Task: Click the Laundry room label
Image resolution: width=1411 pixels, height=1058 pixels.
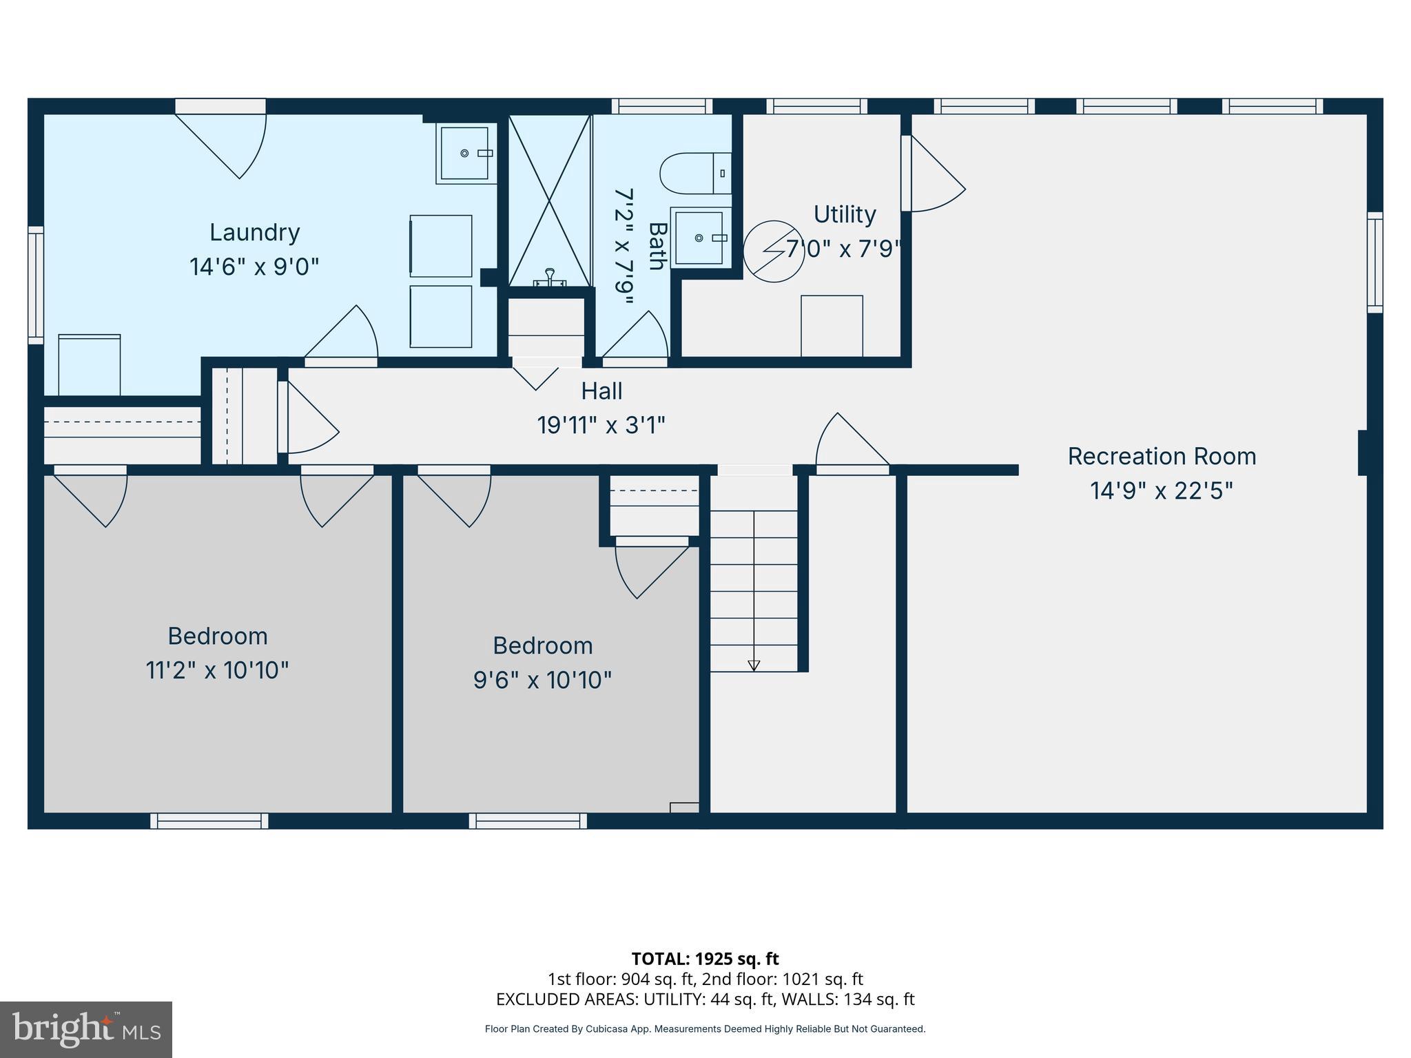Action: [254, 232]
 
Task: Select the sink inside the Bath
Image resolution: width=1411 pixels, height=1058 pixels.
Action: [700, 238]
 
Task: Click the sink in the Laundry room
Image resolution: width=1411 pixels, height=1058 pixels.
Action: [466, 153]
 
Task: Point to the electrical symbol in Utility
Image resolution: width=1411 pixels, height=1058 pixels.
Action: [773, 251]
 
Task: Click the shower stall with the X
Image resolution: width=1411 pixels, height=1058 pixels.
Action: [549, 200]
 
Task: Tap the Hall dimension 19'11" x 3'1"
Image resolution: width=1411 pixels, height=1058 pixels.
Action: [601, 425]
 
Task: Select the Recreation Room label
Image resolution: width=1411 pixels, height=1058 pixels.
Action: [1162, 456]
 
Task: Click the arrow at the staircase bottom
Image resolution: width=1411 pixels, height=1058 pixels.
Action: [754, 665]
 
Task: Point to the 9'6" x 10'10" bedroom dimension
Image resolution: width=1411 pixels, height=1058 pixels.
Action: [542, 681]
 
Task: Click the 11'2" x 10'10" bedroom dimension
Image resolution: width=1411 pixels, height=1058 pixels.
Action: [217, 670]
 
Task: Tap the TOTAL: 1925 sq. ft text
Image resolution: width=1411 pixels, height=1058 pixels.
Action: [705, 959]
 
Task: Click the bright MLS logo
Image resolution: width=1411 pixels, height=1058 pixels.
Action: [85, 1029]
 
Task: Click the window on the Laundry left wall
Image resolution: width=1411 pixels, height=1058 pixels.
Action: [35, 284]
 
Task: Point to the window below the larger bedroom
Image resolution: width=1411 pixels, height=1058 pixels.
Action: [209, 820]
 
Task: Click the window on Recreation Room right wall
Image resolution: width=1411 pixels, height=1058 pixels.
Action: [1374, 262]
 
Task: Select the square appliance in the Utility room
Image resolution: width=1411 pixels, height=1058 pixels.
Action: [832, 326]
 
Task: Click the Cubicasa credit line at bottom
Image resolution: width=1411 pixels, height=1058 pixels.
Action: [705, 1029]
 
